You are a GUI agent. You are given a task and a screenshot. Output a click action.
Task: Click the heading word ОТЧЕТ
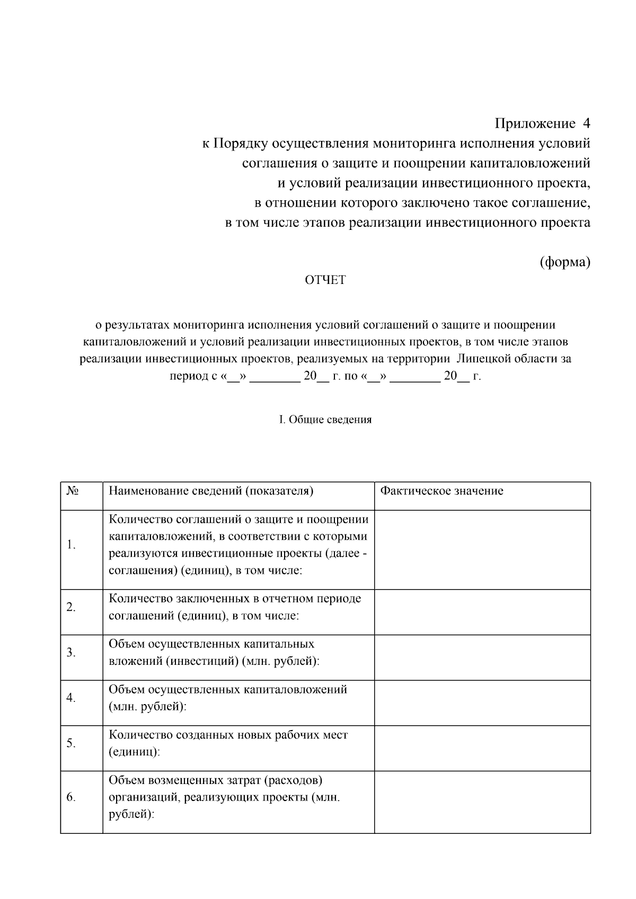(325, 280)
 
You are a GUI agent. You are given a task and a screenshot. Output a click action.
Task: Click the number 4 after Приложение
(586, 123)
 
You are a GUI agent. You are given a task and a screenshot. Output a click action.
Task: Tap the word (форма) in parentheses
(565, 262)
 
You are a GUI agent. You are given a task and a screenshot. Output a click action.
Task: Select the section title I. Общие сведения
(325, 420)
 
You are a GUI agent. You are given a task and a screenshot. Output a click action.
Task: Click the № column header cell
(73, 491)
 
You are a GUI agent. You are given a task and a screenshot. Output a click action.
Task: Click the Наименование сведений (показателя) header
(211, 491)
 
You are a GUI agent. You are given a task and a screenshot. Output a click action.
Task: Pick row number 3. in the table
(72, 652)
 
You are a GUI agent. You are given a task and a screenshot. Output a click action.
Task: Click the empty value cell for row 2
(482, 612)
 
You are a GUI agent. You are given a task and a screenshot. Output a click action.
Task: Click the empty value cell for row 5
(482, 748)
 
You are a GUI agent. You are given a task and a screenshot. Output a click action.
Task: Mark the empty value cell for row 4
(482, 702)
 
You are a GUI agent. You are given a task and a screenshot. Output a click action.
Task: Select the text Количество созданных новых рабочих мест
(228, 735)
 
